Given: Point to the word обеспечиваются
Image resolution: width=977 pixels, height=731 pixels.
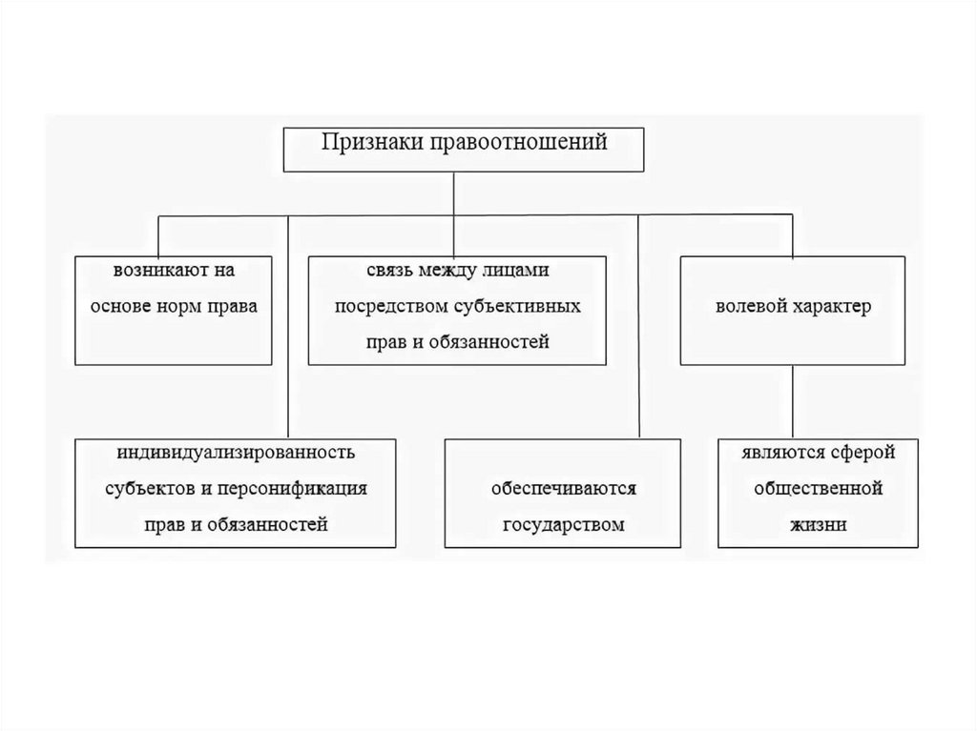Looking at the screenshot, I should [563, 488].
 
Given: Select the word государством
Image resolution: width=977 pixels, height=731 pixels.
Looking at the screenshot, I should [563, 524].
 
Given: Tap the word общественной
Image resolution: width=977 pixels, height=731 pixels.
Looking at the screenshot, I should [818, 488].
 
